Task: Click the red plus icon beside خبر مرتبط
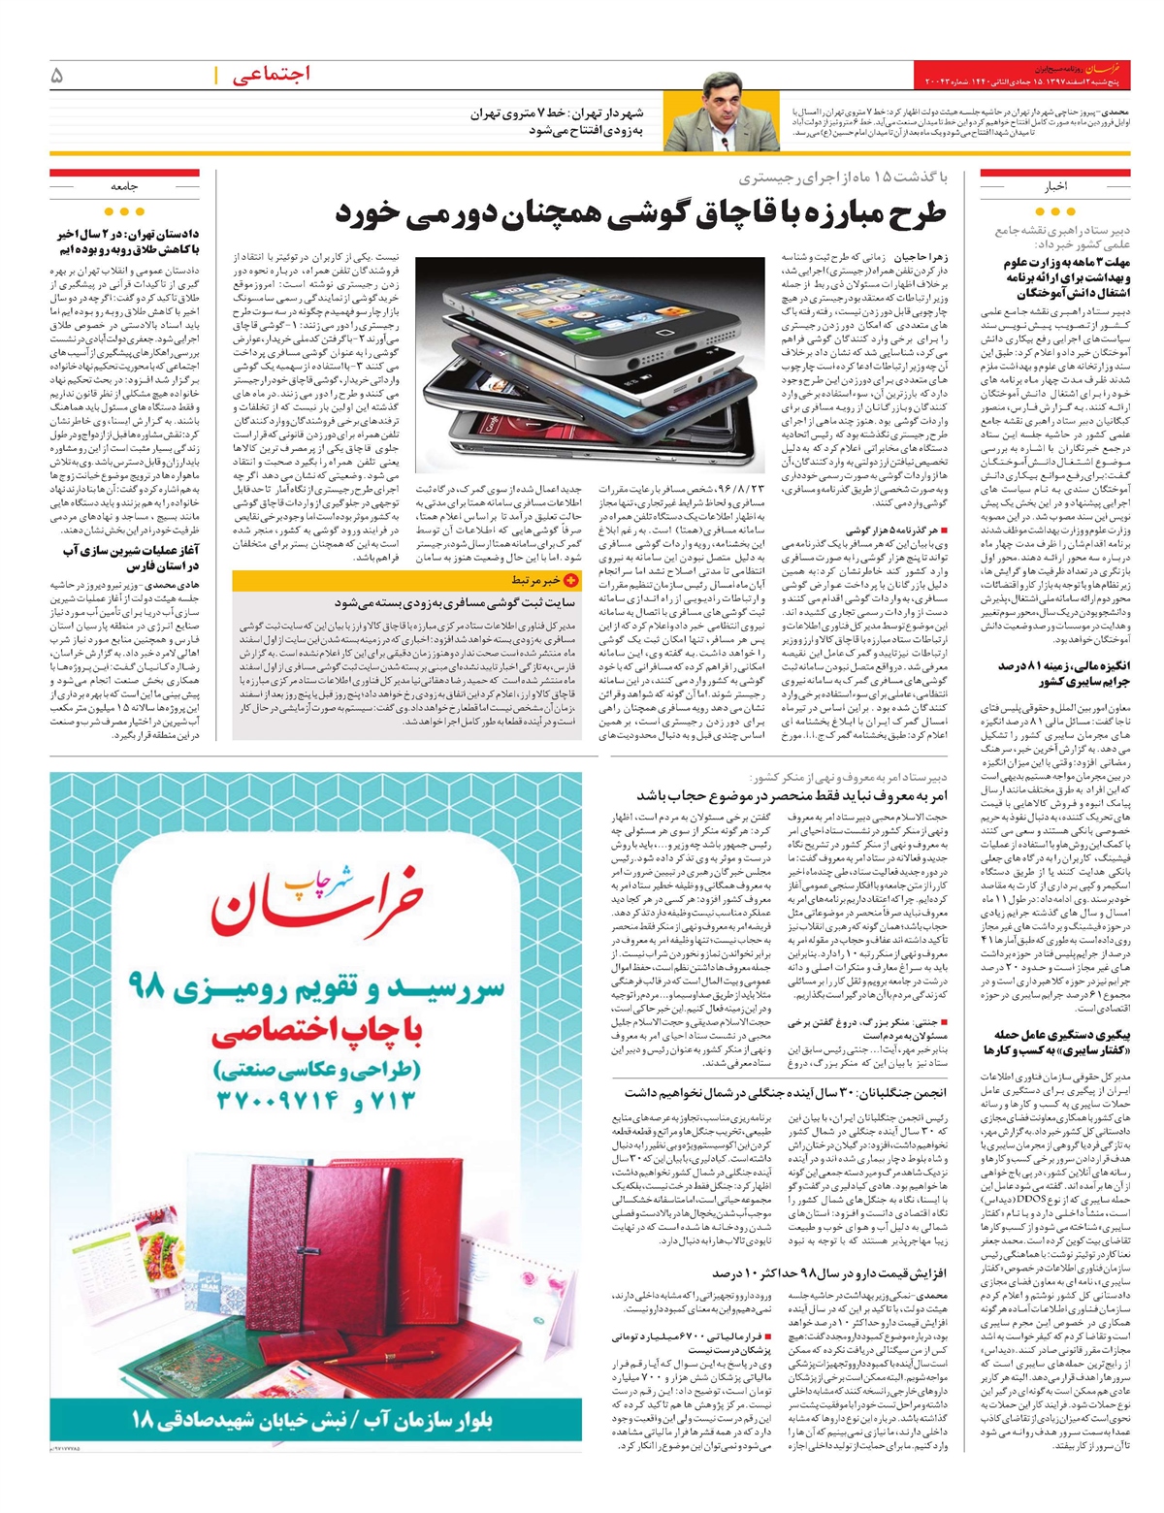(x=570, y=580)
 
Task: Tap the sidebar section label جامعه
(x=124, y=184)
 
